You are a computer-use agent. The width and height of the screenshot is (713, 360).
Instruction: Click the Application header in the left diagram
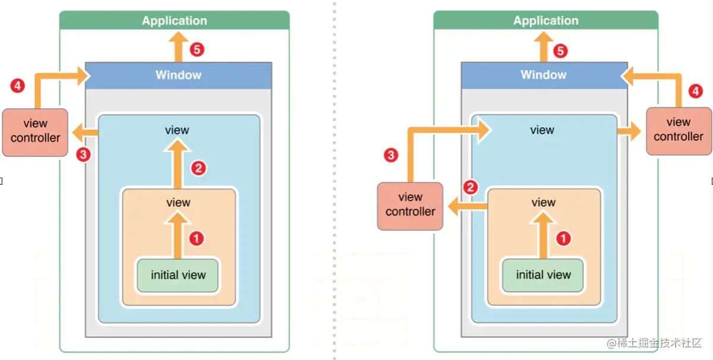pyautogui.click(x=174, y=21)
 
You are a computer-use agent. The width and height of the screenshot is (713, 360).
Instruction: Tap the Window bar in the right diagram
pyautogui.click(x=544, y=75)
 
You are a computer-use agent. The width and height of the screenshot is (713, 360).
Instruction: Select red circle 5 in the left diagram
pyautogui.click(x=197, y=50)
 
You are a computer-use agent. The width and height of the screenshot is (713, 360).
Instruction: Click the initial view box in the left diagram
pyautogui.click(x=178, y=275)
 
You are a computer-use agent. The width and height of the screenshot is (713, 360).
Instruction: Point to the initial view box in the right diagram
pyautogui.click(x=543, y=275)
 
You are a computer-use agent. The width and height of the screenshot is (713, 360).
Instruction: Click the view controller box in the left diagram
pyautogui.click(x=35, y=131)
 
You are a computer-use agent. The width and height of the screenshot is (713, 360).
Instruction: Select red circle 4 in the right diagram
pyautogui.click(x=695, y=92)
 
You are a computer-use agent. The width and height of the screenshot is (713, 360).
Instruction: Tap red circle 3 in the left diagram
pyautogui.click(x=84, y=155)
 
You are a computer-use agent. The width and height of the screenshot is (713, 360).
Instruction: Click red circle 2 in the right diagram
pyautogui.click(x=471, y=188)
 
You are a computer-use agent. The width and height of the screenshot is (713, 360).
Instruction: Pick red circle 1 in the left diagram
pyautogui.click(x=197, y=239)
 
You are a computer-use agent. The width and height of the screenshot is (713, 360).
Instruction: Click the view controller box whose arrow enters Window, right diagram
pyautogui.click(x=678, y=130)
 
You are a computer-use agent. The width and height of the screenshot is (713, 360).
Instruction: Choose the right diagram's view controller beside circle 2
pyautogui.click(x=410, y=205)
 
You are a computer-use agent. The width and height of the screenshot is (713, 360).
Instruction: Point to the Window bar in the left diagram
pyautogui.click(x=178, y=75)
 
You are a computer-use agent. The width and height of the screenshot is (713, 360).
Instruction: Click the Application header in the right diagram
pyautogui.click(x=545, y=21)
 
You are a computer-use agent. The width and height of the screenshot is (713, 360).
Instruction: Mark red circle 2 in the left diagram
pyautogui.click(x=198, y=168)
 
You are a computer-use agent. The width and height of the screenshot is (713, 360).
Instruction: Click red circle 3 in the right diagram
pyautogui.click(x=390, y=156)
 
